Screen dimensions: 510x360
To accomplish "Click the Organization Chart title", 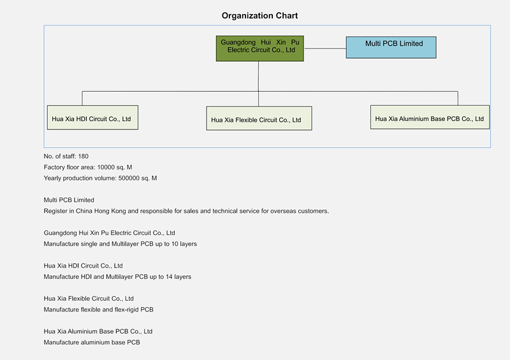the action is point(259,15).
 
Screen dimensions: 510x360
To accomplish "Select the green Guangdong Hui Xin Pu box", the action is point(260,48).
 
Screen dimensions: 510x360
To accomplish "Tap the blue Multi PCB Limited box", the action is point(391,48).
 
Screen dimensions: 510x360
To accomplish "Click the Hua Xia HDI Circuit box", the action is point(92,117).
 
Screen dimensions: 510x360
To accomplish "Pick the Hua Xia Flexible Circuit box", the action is point(259,119).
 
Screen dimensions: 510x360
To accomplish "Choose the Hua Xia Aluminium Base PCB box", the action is point(430,117).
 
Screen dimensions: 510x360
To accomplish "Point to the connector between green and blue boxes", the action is point(325,48).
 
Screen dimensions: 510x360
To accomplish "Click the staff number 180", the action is point(84,156).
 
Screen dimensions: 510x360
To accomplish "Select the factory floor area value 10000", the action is point(106,167).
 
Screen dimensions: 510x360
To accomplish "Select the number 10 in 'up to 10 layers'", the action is point(175,244).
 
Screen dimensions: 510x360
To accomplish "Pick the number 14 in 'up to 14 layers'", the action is point(169,277).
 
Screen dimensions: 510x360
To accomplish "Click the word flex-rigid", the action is point(126,310).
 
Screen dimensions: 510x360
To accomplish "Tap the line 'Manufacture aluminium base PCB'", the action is point(92,342).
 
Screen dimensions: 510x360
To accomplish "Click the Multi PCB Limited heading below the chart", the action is point(69,200).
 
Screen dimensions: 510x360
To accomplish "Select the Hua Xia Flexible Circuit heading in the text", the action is point(89,299).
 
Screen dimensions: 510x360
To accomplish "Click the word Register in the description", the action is point(54,211).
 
